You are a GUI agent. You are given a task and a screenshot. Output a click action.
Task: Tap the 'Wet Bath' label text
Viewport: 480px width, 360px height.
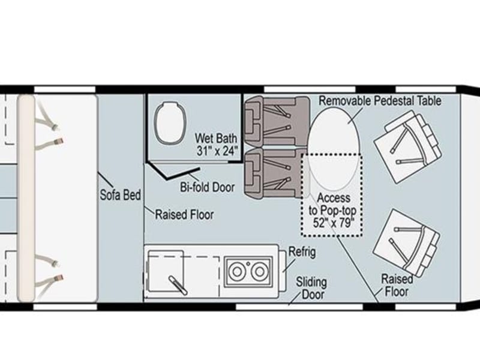pyautogui.click(x=216, y=138)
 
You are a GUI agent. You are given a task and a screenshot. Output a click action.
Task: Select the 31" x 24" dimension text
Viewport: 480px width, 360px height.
pyautogui.click(x=217, y=151)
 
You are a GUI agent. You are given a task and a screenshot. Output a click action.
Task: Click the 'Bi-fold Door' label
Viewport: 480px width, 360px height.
pyautogui.click(x=207, y=187)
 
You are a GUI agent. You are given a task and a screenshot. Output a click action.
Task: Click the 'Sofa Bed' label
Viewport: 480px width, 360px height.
pyautogui.click(x=121, y=195)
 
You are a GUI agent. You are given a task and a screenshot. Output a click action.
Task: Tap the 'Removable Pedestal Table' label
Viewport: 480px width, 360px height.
pyautogui.click(x=380, y=101)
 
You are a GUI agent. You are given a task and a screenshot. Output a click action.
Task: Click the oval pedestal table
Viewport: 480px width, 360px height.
pyautogui.click(x=333, y=148)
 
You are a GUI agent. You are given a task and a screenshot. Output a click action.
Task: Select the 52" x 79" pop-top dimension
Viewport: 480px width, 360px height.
pyautogui.click(x=333, y=223)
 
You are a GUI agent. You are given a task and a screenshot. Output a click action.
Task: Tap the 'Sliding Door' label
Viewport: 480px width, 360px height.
pyautogui.click(x=311, y=289)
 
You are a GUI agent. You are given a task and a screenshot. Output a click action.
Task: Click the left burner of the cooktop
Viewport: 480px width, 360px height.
pyautogui.click(x=236, y=271)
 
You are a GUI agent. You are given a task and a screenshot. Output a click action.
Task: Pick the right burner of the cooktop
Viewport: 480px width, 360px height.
pyautogui.click(x=260, y=271)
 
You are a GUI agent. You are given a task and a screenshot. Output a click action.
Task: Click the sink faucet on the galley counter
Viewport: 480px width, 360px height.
pyautogui.click(x=178, y=285)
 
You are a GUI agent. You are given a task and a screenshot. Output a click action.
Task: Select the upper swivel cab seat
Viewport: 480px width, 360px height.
pyautogui.click(x=408, y=147)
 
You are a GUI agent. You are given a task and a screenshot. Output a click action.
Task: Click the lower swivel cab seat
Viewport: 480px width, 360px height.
pyautogui.click(x=407, y=242)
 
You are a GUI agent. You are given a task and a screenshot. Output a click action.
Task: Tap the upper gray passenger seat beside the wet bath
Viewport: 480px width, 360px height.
pyautogui.click(x=277, y=122)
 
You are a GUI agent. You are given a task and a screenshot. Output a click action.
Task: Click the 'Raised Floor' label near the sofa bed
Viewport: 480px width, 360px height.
pyautogui.click(x=184, y=215)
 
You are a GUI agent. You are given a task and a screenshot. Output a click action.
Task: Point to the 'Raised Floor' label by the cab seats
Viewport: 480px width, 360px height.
pyautogui.click(x=397, y=286)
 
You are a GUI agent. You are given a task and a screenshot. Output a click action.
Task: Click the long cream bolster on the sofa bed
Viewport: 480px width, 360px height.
pyautogui.click(x=26, y=198)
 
